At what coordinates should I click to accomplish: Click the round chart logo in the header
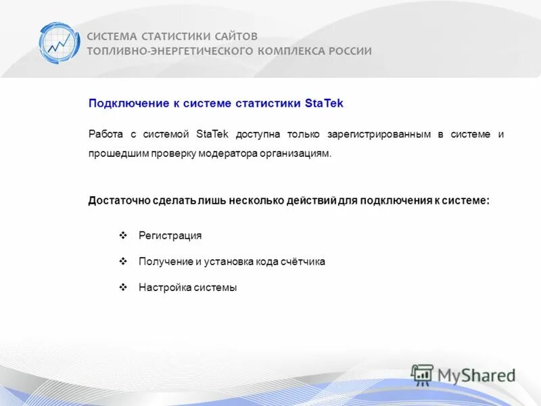59,43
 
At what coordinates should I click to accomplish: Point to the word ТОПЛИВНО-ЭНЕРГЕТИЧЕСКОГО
169,51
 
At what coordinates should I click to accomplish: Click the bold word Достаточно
117,201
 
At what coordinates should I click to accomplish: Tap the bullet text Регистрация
170,235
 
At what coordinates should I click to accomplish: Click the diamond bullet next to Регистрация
123,235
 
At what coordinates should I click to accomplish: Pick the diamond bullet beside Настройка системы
123,286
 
